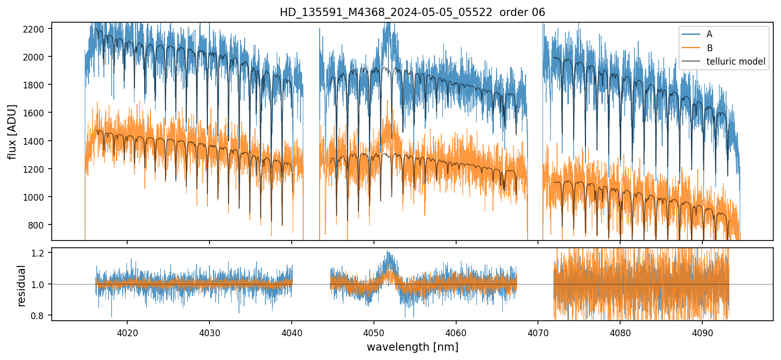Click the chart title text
pyautogui.click(x=412, y=12)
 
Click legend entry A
pyautogui.click(x=709, y=34)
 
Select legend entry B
pyautogui.click(x=709, y=48)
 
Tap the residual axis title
pyautogui.click(x=21, y=286)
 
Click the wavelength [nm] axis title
pyautogui.click(x=412, y=347)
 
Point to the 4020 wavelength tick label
pyautogui.click(x=127, y=332)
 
